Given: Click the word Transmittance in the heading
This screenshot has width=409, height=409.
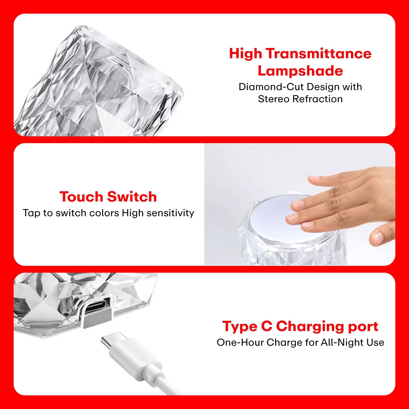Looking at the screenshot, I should click(318, 53).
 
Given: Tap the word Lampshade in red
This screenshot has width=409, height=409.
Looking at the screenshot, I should click(300, 71).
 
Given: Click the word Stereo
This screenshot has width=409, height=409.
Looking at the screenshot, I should click(273, 99).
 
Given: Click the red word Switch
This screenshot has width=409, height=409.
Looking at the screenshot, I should click(132, 197).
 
